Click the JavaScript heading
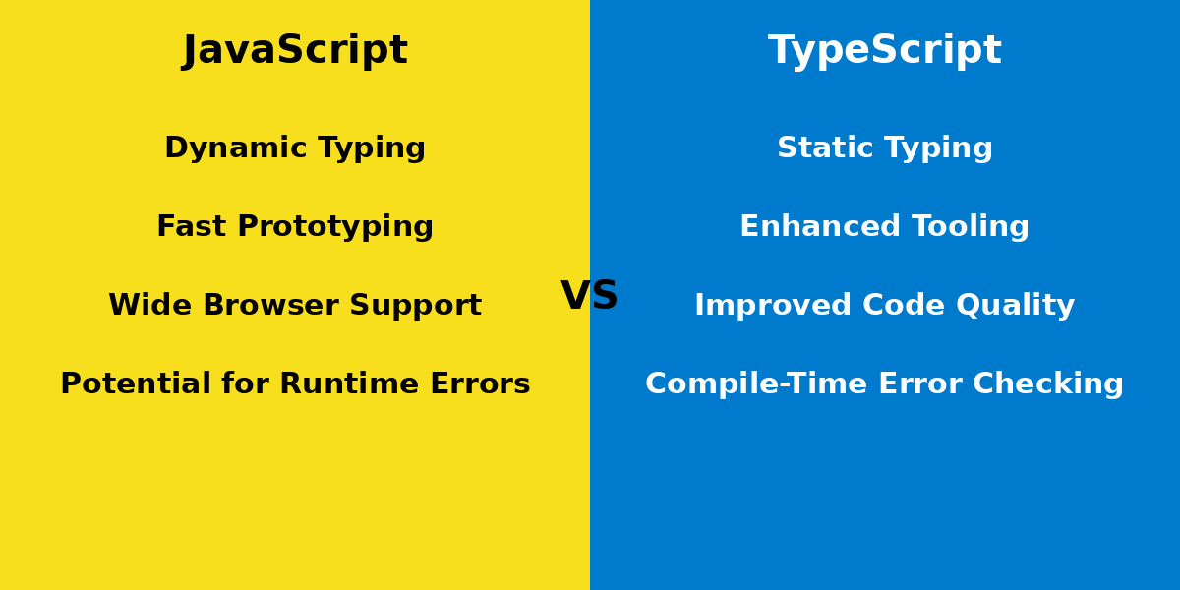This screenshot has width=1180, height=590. pos(295,51)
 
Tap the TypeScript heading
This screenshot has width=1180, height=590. pos(885,51)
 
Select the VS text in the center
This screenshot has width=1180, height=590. pos(590,296)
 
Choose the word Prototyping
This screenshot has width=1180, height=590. pos(335,228)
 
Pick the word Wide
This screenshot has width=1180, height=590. pos(144,306)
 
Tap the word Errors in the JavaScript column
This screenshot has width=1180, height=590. pos(483,384)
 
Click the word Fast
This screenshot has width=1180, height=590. pos(192,227)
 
